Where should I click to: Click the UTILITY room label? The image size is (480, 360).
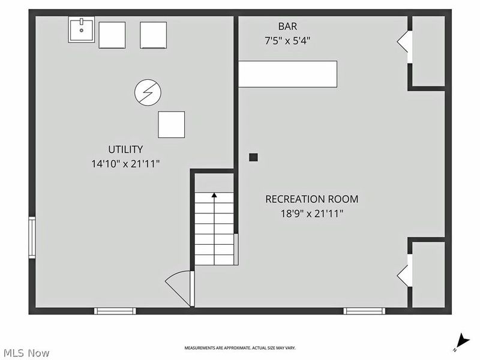(125, 149)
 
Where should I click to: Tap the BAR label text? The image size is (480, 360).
(287, 26)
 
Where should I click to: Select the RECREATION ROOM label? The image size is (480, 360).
(311, 199)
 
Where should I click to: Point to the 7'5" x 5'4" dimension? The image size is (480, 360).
(287, 41)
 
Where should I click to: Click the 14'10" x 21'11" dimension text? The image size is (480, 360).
(125, 164)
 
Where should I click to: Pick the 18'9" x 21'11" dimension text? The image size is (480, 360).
(312, 214)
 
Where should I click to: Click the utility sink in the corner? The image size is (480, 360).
(81, 29)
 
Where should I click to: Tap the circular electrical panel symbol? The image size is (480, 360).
(148, 92)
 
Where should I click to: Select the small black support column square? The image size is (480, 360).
(253, 157)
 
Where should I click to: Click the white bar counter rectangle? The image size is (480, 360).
(288, 74)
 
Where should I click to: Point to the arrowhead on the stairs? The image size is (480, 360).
(214, 195)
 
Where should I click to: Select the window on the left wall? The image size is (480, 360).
(32, 238)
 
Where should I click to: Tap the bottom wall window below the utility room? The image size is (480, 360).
(115, 311)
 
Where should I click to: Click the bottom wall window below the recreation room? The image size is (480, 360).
(364, 311)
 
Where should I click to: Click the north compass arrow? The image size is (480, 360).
(462, 342)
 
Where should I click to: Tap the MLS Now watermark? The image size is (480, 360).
(26, 353)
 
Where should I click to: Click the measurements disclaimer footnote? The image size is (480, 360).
(240, 348)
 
